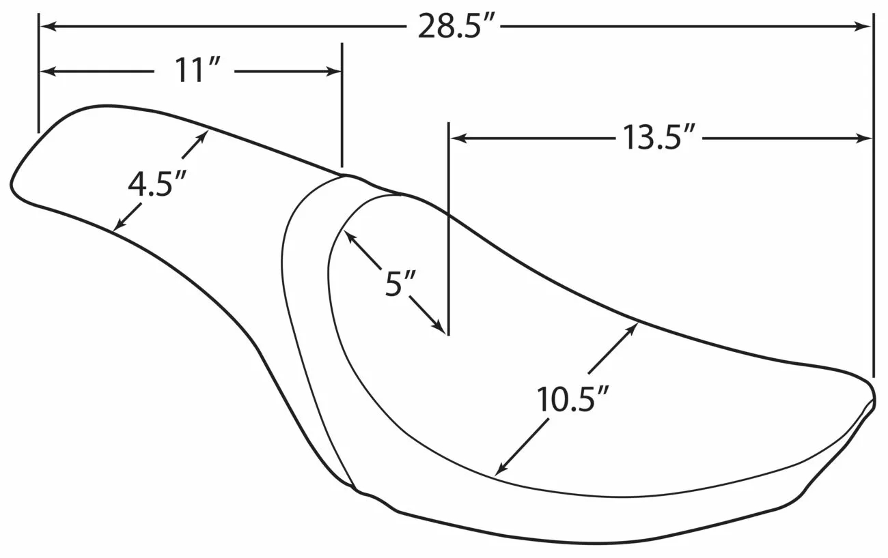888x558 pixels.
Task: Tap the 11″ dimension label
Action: tap(196, 71)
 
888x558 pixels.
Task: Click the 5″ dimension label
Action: tap(399, 283)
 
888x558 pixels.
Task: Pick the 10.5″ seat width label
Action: tap(572, 399)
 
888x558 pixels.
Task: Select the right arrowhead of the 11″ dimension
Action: tap(333, 72)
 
